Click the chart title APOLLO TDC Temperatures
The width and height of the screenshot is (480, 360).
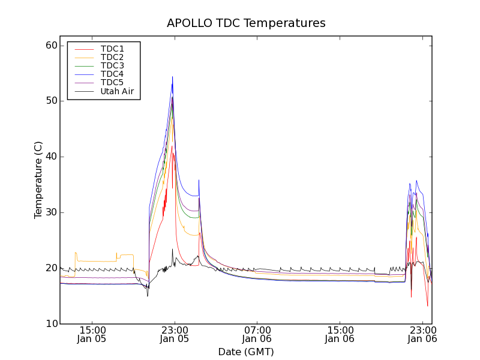tap(246, 23)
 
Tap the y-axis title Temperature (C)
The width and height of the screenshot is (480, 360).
tap(38, 180)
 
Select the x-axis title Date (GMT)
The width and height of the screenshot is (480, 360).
tap(246, 352)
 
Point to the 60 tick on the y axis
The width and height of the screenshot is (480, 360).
tap(51, 46)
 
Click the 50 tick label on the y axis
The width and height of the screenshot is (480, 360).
tap(51, 101)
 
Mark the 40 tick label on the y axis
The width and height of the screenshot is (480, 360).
tap(51, 157)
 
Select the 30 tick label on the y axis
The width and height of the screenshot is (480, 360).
tap(51, 212)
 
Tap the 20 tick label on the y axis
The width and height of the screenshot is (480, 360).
tap(51, 268)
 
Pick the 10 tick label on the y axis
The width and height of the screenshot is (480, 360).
tap(51, 324)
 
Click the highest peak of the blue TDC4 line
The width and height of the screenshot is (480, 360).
tap(172, 77)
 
